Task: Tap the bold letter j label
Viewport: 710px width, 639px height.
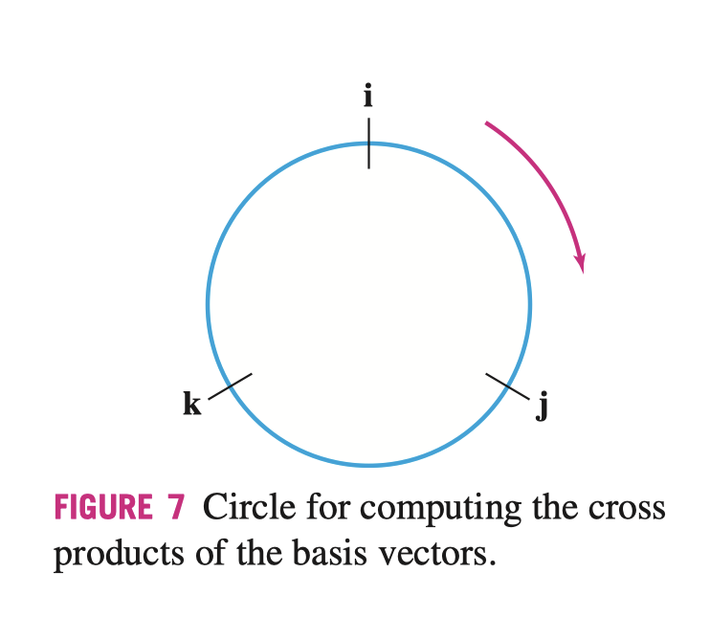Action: (x=543, y=408)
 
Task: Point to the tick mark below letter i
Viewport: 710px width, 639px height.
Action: (x=368, y=143)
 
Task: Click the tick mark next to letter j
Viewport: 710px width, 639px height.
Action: (x=507, y=386)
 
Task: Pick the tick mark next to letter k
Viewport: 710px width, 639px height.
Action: (x=230, y=386)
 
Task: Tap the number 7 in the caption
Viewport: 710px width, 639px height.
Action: (x=176, y=508)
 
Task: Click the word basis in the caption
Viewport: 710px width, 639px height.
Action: (x=298, y=553)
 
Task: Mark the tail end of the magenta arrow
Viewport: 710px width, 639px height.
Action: (x=487, y=123)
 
